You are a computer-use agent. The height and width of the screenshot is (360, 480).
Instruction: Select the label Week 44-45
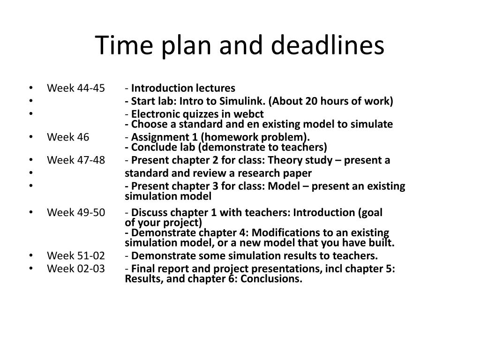click(76, 89)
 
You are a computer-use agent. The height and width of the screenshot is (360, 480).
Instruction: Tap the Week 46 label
click(68, 137)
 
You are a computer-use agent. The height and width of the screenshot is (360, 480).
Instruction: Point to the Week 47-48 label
click(76, 160)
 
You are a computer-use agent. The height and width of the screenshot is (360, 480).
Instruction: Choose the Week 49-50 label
click(76, 212)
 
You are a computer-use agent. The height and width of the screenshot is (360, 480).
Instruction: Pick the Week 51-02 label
click(76, 256)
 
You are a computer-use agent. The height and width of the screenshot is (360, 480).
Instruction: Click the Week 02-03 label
click(76, 269)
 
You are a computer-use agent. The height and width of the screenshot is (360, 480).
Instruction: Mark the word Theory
click(316, 160)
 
